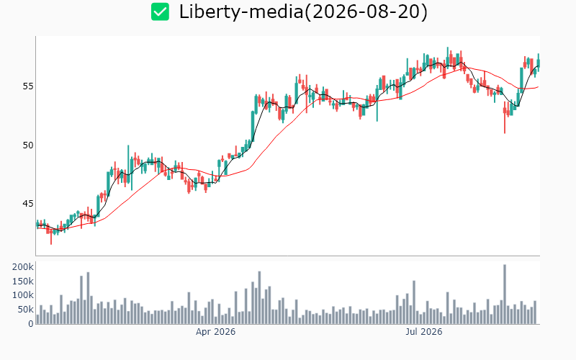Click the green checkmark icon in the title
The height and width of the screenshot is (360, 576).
[x=160, y=12]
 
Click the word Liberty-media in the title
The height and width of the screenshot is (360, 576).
[x=241, y=12]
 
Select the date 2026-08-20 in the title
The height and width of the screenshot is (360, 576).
[x=366, y=12]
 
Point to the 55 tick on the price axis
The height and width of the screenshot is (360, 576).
[x=28, y=86]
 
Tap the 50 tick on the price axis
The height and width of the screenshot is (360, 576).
[x=28, y=145]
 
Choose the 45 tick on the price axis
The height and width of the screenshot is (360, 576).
[x=28, y=203]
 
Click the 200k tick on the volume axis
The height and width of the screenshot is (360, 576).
[x=23, y=267]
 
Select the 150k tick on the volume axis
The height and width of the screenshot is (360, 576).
[x=23, y=282]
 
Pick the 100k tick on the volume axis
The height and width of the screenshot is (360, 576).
[x=23, y=295]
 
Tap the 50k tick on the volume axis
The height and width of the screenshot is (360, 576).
[x=25, y=310]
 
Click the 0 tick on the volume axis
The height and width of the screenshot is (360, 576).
[x=31, y=323]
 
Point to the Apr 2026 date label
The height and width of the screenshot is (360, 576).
[x=215, y=332]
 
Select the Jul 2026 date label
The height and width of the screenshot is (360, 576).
[x=424, y=332]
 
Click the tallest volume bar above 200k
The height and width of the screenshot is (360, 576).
[x=505, y=294]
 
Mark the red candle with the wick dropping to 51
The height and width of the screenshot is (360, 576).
[x=505, y=117]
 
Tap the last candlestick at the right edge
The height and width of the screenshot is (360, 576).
[x=539, y=63]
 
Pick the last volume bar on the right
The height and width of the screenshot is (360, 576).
[x=535, y=312]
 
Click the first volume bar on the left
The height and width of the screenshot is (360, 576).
[x=37, y=320]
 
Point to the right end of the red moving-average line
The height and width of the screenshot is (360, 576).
[x=539, y=87]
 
